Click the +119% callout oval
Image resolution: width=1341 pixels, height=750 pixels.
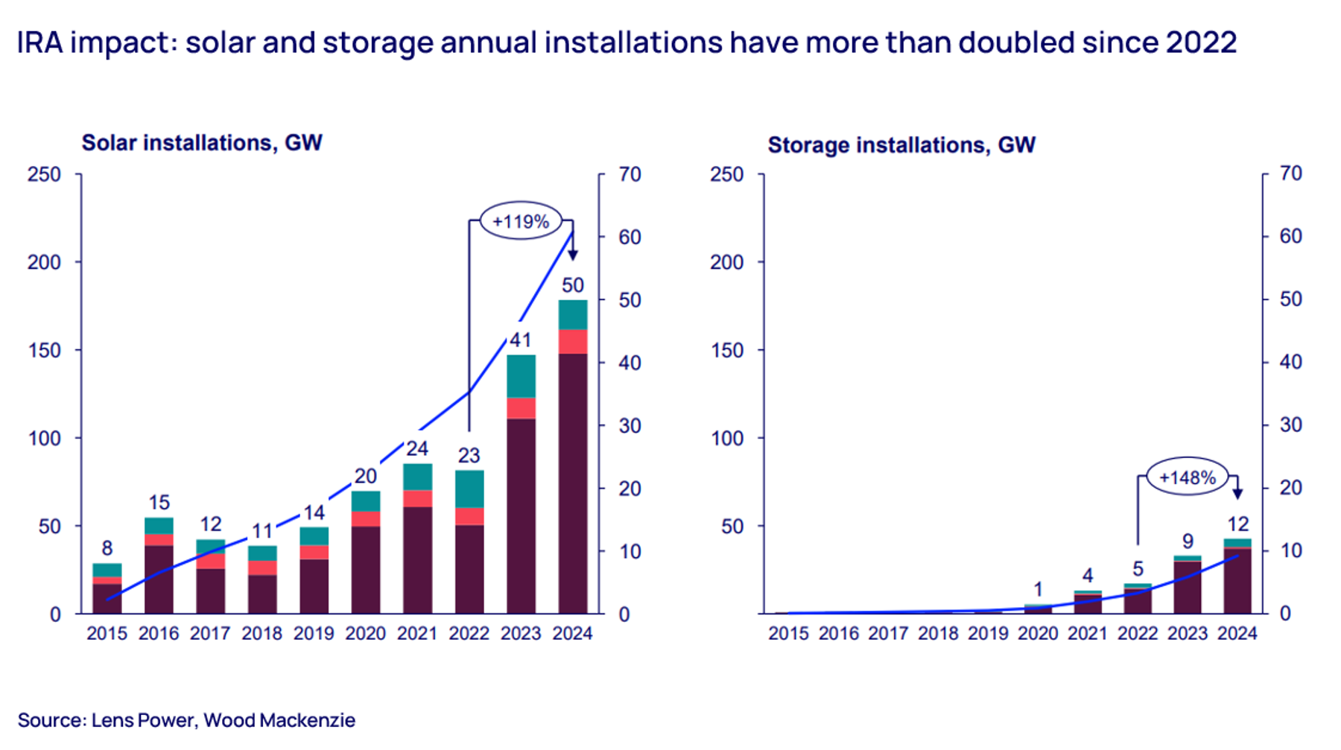520,221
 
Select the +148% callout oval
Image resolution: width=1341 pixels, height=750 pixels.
1187,477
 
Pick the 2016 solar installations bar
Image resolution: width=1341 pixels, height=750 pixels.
159,573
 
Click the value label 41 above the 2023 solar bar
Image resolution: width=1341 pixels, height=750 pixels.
520,340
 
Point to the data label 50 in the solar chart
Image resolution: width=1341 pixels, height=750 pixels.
572,285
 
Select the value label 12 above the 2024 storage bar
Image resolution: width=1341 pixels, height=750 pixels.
1237,524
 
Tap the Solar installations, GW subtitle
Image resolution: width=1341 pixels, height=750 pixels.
201,143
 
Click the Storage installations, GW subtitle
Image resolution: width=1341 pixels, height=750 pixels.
901,144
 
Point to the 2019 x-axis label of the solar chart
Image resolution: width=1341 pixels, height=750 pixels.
314,634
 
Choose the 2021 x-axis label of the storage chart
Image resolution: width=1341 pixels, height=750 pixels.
1087,634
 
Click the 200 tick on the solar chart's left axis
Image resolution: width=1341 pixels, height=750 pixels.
45,262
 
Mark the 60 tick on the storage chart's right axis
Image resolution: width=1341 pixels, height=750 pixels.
1290,237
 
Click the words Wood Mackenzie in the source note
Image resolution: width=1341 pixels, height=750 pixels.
279,720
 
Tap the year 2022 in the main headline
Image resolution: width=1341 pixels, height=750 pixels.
1201,42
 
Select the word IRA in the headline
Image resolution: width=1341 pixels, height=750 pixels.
40,42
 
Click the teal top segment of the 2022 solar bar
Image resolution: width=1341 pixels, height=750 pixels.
469,489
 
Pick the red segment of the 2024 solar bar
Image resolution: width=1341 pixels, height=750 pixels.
572,342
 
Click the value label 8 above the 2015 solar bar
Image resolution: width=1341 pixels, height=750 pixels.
107,549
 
